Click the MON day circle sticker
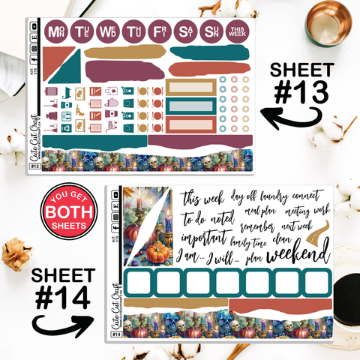[55, 32]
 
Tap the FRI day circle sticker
[160, 32]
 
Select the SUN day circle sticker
[211, 32]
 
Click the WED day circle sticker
[108, 32]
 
